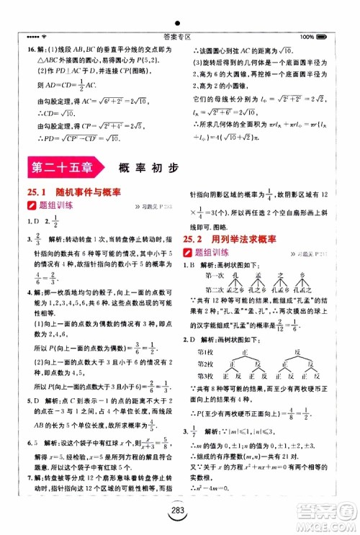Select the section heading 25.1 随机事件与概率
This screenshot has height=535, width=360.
click(x=72, y=192)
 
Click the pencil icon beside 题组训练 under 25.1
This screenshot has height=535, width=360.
click(x=31, y=206)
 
